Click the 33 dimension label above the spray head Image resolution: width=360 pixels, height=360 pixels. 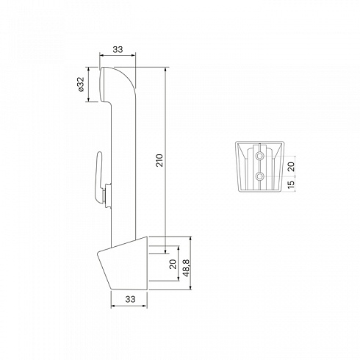[x=118, y=49]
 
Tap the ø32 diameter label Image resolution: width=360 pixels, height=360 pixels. [x=81, y=84]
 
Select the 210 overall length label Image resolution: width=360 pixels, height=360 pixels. [x=159, y=160]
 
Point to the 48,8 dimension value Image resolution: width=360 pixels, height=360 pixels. [x=187, y=268]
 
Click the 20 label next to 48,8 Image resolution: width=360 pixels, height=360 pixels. [x=173, y=264]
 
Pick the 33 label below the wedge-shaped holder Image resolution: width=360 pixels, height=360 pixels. [x=130, y=299]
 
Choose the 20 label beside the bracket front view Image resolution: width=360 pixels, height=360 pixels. [x=291, y=167]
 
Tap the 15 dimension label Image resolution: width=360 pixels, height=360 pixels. [x=291, y=184]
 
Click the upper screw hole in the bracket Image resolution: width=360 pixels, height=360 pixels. [x=259, y=156]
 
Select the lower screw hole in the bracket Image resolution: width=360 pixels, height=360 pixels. [x=259, y=176]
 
